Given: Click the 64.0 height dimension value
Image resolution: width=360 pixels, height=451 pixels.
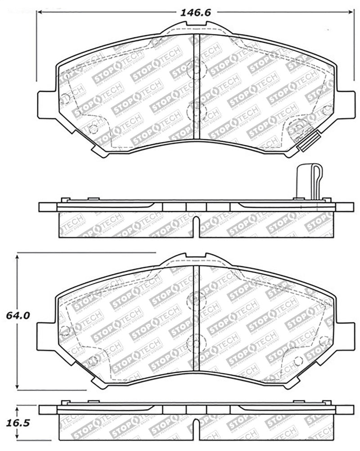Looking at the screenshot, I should coord(18,316).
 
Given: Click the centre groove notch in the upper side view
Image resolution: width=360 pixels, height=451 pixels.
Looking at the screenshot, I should coord(196,223).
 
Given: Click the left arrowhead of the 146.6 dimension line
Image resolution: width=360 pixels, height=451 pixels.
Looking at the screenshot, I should coord(39,13).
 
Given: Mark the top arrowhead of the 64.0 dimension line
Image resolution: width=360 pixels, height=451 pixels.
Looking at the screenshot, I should coord(18,256).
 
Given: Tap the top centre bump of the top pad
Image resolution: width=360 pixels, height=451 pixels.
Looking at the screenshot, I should coord(196,29).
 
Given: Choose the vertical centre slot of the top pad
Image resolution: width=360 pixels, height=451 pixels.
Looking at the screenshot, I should coord(196,85).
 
